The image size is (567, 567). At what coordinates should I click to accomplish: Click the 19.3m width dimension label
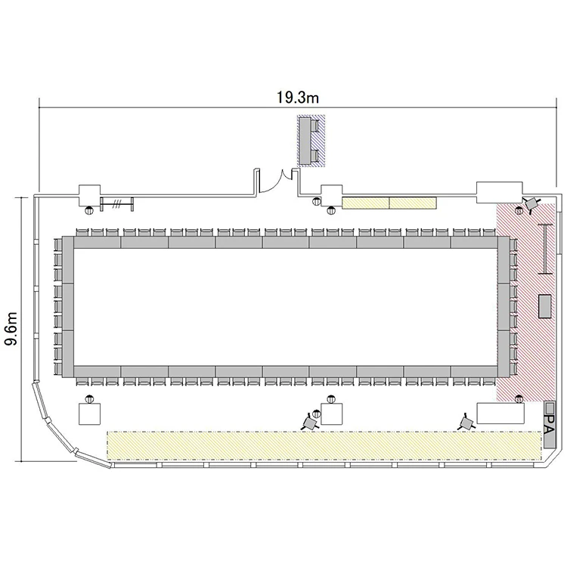coord(298,98)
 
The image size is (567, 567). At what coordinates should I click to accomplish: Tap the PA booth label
coord(549,424)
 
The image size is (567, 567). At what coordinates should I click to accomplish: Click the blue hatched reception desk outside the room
coord(311,141)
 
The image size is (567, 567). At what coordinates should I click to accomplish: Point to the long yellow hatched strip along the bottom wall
coord(324,445)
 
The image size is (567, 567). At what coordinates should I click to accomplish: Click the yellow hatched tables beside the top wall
coord(389,203)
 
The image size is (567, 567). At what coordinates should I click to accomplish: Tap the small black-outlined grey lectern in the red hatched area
coord(545,306)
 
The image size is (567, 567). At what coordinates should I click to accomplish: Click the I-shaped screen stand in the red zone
coord(545,249)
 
